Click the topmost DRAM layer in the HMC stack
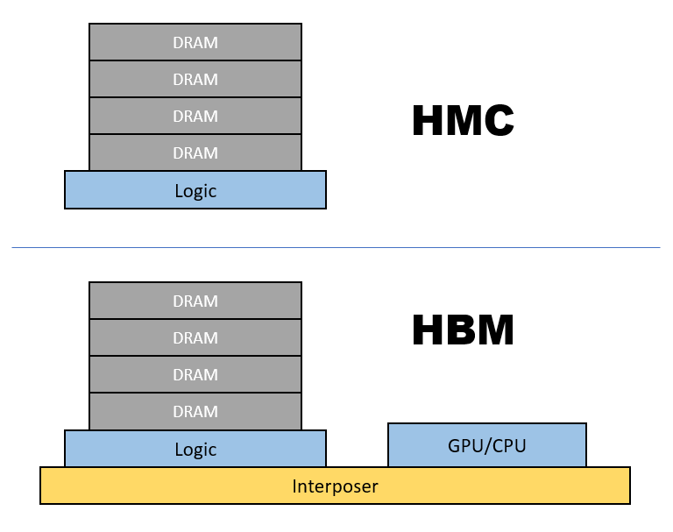click(195, 42)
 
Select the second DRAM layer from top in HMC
click(195, 79)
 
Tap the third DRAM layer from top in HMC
click(195, 116)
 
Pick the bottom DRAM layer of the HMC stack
click(195, 153)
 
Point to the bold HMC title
click(463, 121)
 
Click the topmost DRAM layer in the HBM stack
click(195, 301)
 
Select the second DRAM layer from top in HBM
click(195, 337)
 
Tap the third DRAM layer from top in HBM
click(195, 374)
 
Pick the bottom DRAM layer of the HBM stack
click(195, 411)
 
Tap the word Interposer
click(335, 486)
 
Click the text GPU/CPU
click(486, 445)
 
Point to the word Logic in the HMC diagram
click(195, 190)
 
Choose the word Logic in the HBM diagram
click(195, 450)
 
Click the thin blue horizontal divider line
click(336, 247)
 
